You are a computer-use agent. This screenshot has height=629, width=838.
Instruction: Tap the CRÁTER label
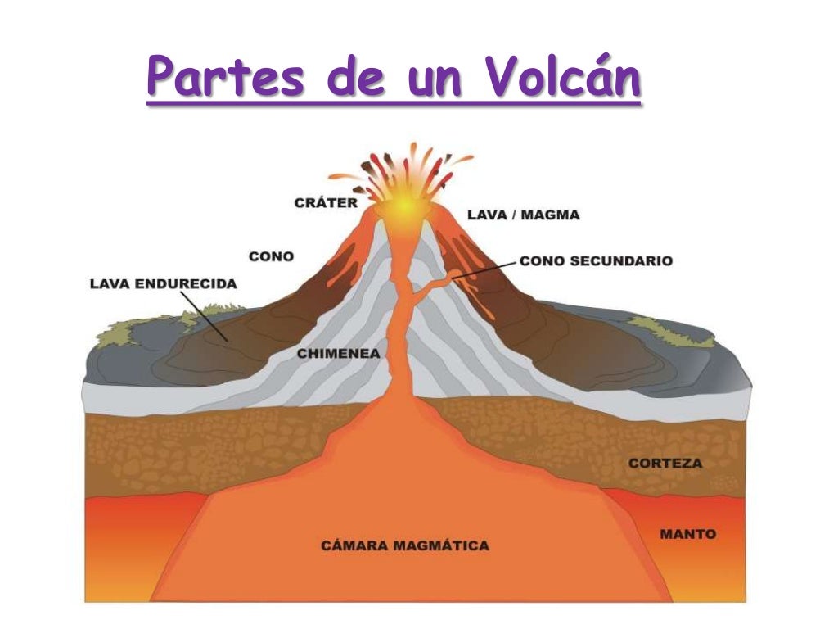326,202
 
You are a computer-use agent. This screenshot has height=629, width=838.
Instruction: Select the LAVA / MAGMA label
524,215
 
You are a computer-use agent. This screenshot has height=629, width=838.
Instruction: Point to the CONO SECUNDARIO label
596,261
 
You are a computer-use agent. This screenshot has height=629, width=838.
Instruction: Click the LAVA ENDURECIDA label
163,284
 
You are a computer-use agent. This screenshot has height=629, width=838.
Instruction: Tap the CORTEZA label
665,464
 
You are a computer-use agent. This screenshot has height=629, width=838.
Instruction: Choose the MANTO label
687,534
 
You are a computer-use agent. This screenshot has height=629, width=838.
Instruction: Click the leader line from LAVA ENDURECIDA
204,314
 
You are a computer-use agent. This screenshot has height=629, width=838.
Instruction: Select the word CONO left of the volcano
271,256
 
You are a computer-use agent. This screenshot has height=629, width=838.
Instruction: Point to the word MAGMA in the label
552,215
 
